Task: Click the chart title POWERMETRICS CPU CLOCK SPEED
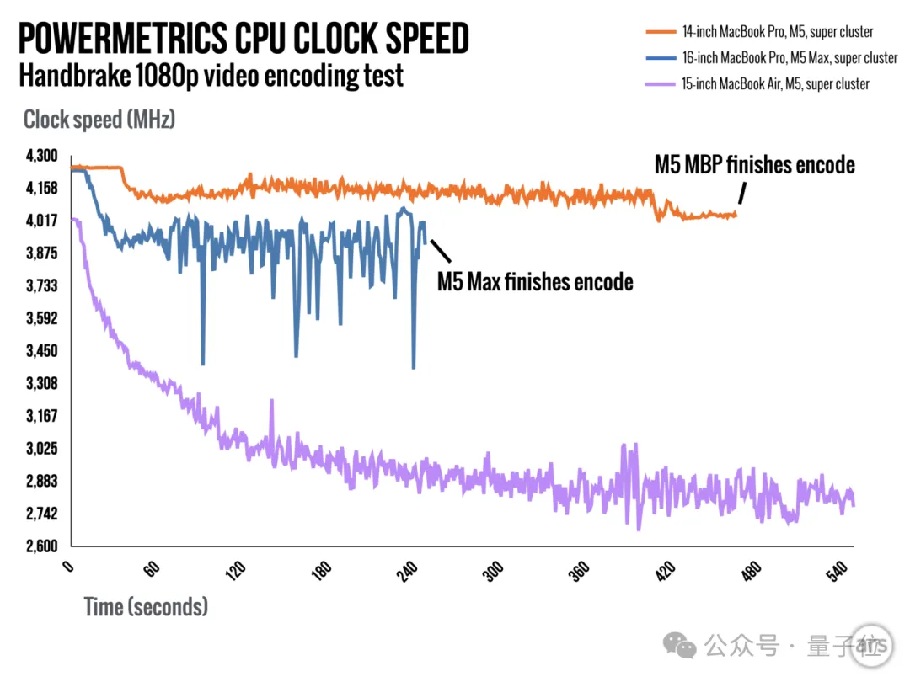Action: click(x=244, y=40)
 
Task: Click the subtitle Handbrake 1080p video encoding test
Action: click(x=211, y=76)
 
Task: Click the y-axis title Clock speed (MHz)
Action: click(x=99, y=120)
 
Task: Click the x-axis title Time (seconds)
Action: click(x=146, y=606)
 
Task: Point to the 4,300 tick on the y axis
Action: click(x=41, y=156)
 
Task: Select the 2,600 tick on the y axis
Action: click(x=41, y=546)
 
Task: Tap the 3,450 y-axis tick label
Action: click(x=41, y=351)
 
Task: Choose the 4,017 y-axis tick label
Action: click(x=41, y=221)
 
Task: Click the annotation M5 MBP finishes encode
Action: click(x=755, y=164)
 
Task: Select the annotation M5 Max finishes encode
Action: click(x=535, y=281)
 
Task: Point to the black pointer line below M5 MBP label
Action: click(x=741, y=194)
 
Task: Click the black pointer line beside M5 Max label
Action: click(x=441, y=250)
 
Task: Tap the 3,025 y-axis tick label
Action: click(x=41, y=449)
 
